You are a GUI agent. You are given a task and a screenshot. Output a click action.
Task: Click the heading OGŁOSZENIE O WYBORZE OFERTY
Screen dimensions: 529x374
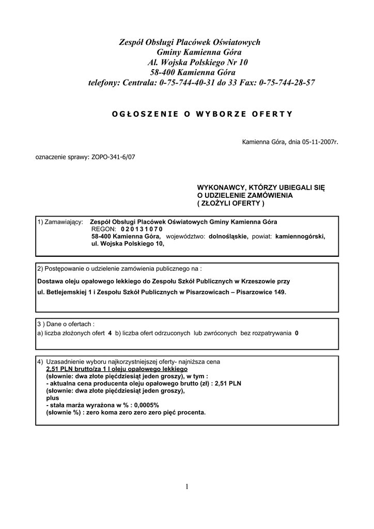click(202, 114)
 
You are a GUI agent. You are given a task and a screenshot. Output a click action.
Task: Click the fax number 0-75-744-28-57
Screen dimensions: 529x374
click(287, 83)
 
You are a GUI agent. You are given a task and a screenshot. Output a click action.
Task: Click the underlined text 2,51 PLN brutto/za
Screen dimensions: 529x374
click(71, 370)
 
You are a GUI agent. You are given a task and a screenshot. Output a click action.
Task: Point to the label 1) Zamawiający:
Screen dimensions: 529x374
click(60, 222)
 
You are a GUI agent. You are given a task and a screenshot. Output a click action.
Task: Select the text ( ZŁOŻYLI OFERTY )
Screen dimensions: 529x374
click(231, 203)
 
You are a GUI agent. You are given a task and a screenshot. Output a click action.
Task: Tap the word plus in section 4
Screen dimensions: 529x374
click(52, 398)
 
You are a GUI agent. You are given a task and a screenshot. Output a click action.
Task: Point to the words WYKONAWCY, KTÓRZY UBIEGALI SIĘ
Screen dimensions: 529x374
click(261, 188)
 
